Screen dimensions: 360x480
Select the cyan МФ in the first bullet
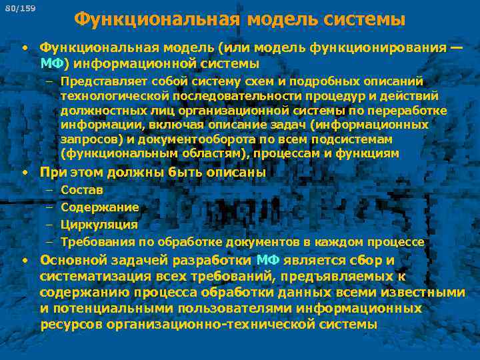(x=52, y=63)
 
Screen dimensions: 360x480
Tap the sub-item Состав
(x=81, y=190)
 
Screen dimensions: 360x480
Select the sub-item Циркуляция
(x=99, y=225)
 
